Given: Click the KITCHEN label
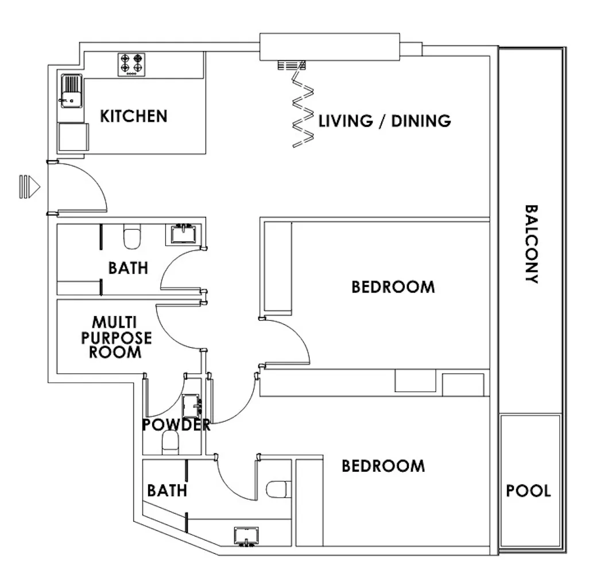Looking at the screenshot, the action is [x=133, y=116].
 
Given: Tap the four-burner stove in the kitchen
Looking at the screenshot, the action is [x=131, y=65].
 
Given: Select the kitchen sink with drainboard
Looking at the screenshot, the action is [x=71, y=91].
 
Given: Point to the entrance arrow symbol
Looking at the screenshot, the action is [x=30, y=186].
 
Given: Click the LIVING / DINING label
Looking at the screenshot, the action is [x=385, y=121].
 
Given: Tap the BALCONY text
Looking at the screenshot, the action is [x=531, y=244].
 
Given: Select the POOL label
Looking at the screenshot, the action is [x=528, y=491].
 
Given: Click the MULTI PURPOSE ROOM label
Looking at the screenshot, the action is [x=116, y=337].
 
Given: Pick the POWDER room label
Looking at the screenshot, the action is [x=176, y=425].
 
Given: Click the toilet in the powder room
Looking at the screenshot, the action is [x=171, y=442].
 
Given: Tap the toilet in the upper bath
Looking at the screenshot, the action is [x=132, y=236].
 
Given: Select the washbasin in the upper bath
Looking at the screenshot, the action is [x=183, y=234].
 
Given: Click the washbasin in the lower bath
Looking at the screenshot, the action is [x=246, y=537].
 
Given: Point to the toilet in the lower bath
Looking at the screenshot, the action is [x=278, y=489].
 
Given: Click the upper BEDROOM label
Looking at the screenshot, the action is [x=393, y=287].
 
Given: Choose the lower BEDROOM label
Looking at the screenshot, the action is [x=383, y=466].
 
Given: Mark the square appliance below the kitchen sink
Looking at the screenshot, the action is [x=73, y=137].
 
